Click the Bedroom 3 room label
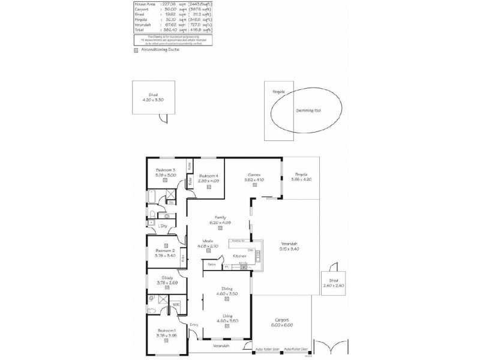(166, 170)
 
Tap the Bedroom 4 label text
(208, 175)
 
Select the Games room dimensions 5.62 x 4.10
(254, 179)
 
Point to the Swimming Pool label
(309, 110)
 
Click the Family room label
(220, 217)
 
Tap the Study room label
(166, 277)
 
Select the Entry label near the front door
(194, 325)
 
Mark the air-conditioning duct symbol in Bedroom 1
(166, 341)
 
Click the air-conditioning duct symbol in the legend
(136, 50)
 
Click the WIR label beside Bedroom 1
(176, 305)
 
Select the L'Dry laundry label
(163, 226)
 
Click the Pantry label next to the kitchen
(212, 264)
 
